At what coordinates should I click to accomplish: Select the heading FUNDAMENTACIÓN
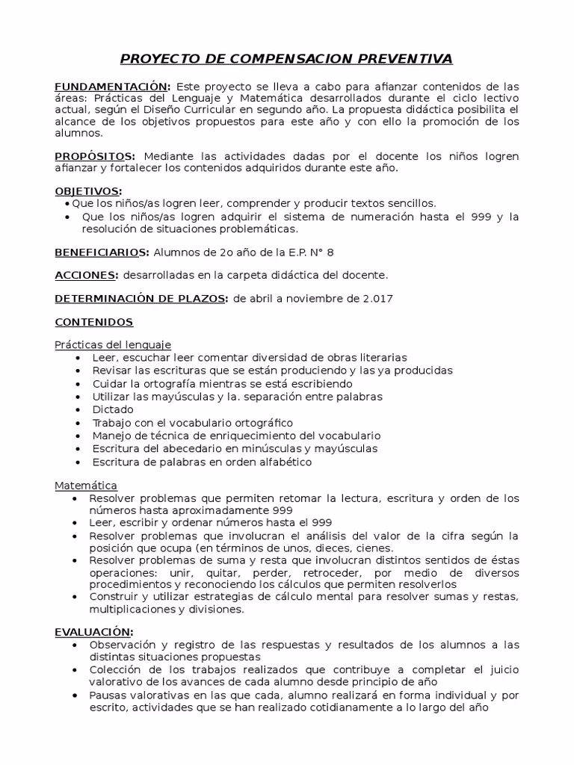112,86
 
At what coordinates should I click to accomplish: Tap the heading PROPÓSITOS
95,156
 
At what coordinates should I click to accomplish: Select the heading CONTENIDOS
93,322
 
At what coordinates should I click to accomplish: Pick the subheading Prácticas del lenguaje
113,345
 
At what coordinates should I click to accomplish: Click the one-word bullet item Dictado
113,409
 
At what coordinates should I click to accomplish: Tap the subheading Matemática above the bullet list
86,485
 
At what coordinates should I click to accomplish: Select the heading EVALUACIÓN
93,631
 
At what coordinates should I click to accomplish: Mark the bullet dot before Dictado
78,410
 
